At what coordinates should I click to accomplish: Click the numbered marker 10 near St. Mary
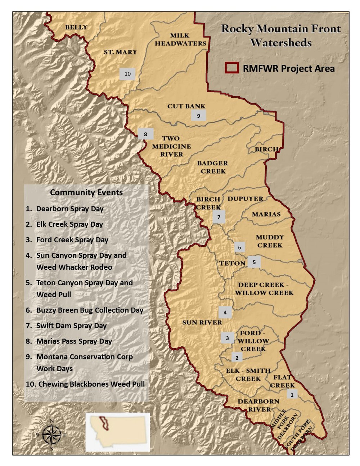pos(127,74)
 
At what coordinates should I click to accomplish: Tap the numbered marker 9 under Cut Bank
pos(198,116)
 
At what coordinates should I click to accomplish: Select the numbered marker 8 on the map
pos(145,134)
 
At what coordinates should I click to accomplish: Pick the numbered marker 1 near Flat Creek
pos(292,394)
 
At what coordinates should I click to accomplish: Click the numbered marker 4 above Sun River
pos(225,312)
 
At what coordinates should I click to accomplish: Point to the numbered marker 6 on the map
pos(239,247)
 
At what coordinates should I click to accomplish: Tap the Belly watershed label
pos(76,27)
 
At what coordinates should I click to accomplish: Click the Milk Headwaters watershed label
pos(180,39)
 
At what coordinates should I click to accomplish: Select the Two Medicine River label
pos(171,146)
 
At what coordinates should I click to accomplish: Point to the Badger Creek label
pos(213,167)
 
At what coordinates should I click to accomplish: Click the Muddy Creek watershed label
pos(270,241)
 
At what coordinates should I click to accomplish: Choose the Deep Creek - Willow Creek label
pos(264,289)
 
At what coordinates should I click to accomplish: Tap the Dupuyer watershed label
pos(245,199)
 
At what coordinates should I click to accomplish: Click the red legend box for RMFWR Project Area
pos(232,68)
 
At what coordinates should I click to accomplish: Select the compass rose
pos(51,434)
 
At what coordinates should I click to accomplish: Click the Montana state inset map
pos(117,432)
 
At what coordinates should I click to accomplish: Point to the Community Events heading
pos(86,192)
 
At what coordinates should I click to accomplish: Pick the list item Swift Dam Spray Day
pos(71,326)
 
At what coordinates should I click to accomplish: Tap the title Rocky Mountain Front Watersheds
pos(280,35)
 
